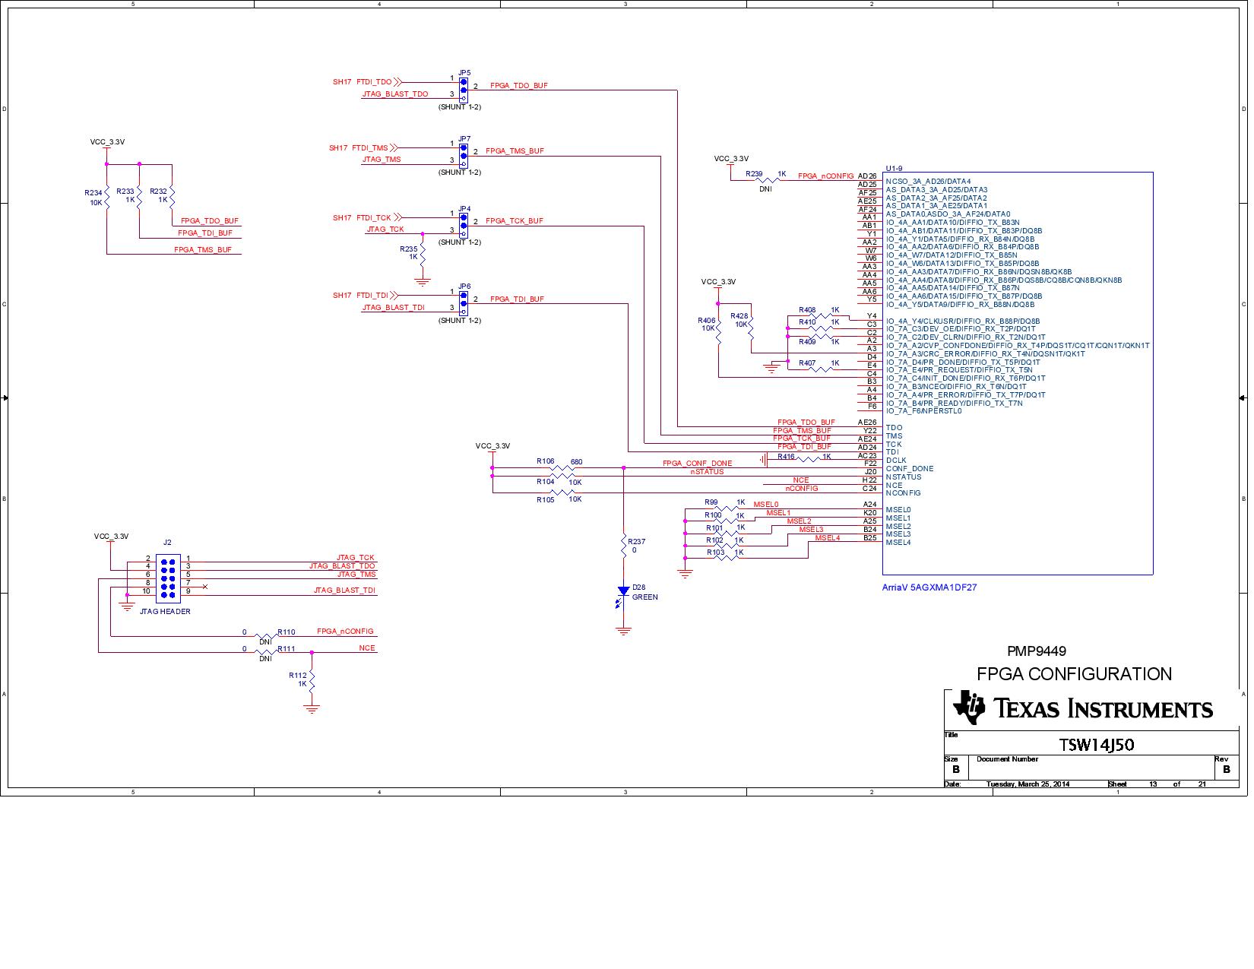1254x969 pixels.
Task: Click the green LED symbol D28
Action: [x=623, y=591]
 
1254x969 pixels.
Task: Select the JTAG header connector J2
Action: [x=167, y=575]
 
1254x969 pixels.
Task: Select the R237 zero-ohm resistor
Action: [x=623, y=545]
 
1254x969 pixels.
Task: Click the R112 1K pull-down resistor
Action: [x=312, y=679]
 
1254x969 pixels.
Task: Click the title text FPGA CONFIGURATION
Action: [x=1073, y=674]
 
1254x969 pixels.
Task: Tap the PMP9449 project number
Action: [x=1036, y=651]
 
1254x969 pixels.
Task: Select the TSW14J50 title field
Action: [x=1096, y=745]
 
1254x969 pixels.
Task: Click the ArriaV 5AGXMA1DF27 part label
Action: [x=929, y=587]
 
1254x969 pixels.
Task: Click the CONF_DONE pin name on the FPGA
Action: [x=909, y=469]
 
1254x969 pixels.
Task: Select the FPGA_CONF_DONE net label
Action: [x=697, y=463]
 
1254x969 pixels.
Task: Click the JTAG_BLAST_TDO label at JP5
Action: [x=395, y=94]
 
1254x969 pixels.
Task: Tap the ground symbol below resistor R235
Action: [x=423, y=280]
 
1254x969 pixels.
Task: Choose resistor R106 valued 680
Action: [x=561, y=468]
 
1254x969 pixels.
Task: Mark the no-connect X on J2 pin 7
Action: [x=204, y=586]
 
